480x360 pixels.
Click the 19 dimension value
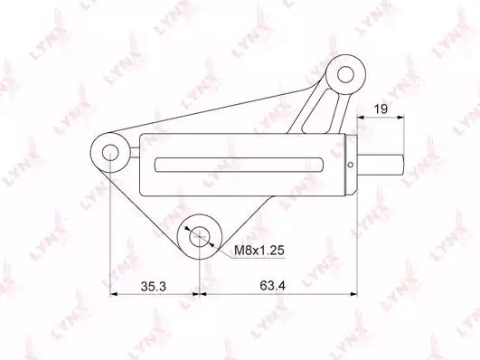pos(381,109)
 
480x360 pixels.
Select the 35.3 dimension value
pos(154,287)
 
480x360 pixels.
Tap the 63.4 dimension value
pos(272,286)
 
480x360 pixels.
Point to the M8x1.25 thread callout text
pos(259,251)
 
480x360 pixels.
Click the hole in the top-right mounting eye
pos(345,74)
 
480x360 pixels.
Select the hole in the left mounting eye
pos(110,153)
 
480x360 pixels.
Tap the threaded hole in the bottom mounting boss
pos(200,237)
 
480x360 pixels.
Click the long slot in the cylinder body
pos(239,165)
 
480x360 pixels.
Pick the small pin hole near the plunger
pos(351,165)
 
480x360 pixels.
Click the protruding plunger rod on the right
pos(381,165)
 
